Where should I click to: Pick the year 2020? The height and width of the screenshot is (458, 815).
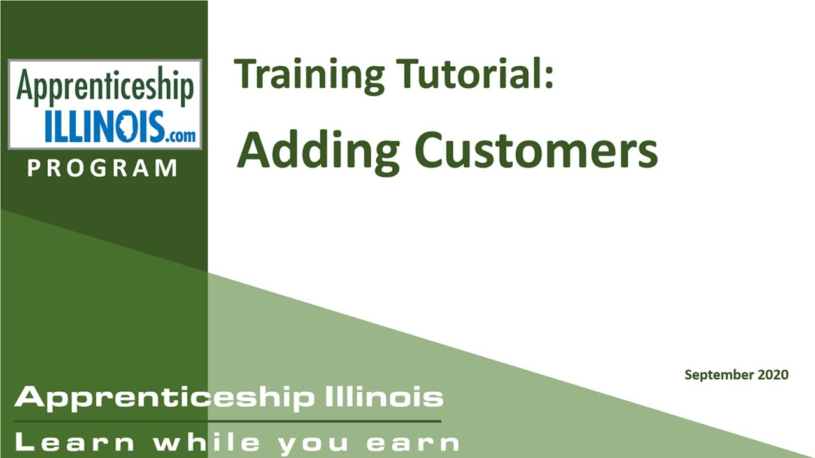pyautogui.click(x=773, y=374)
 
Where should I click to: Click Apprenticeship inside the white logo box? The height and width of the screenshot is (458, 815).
pyautogui.click(x=105, y=86)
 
